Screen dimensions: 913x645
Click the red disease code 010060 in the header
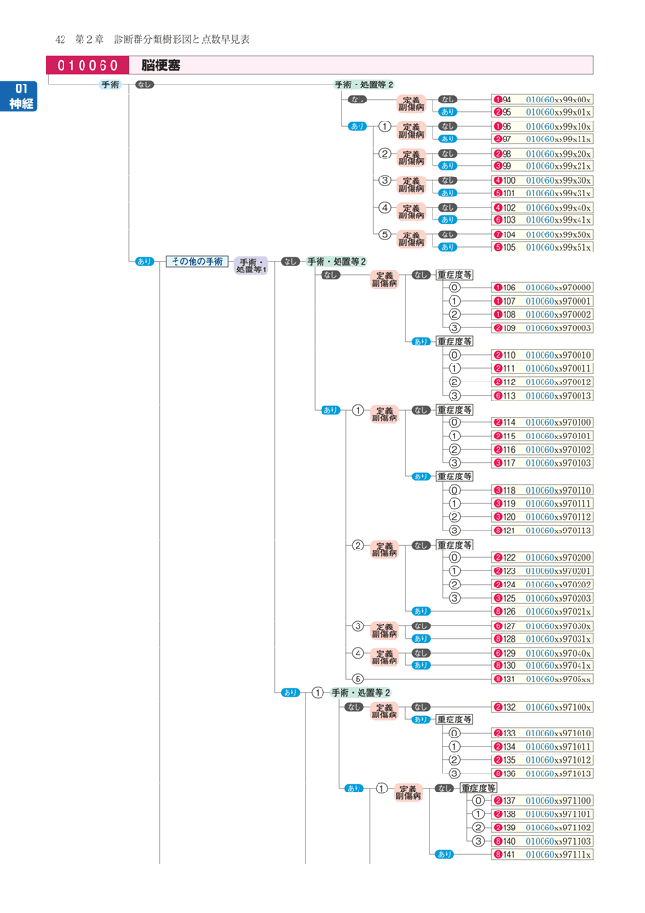pyautogui.click(x=87, y=65)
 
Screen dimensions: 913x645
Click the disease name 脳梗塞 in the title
pyautogui.click(x=162, y=65)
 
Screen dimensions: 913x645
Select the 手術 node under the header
pyautogui.click(x=111, y=84)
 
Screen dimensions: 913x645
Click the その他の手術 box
pyautogui.click(x=196, y=261)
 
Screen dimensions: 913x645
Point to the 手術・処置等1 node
pyautogui.click(x=252, y=266)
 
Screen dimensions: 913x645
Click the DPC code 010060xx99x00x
pyautogui.click(x=559, y=100)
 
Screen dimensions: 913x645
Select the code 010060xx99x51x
pyautogui.click(x=559, y=247)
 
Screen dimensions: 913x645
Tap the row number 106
pyautogui.click(x=508, y=288)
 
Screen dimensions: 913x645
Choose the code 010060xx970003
pyautogui.click(x=559, y=328)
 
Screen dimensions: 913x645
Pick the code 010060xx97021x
pyautogui.click(x=559, y=612)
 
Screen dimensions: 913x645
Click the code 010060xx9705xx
pyautogui.click(x=559, y=680)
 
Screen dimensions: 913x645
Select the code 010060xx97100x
pyautogui.click(x=559, y=707)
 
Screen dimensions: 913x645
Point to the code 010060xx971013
pyautogui.click(x=559, y=773)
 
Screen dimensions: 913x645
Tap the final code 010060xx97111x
pyautogui.click(x=559, y=855)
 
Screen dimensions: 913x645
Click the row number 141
pyautogui.click(x=508, y=855)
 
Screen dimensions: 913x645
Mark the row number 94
pyautogui.click(x=507, y=100)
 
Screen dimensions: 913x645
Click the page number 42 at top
pyautogui.click(x=61, y=39)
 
